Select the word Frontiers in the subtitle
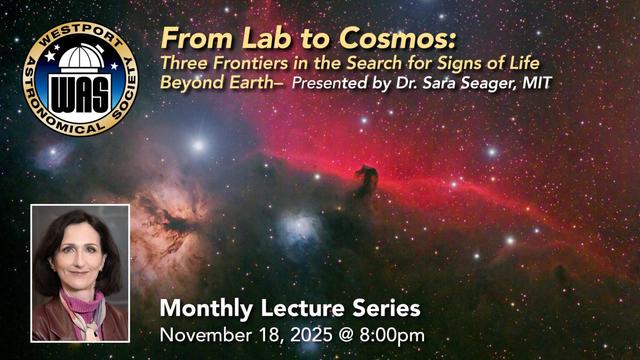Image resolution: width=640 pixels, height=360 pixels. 251,64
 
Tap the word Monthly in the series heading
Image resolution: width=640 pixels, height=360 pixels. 203,307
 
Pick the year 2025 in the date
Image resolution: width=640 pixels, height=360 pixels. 302,333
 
